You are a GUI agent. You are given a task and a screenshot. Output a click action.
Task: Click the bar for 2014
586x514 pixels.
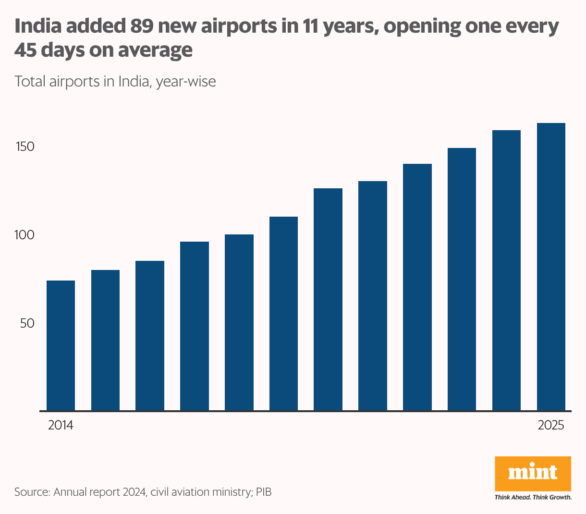coord(61,345)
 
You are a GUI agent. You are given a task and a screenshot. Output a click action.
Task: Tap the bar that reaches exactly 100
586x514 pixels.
coord(239,322)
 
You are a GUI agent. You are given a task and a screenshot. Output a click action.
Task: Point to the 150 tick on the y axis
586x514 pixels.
coord(25,147)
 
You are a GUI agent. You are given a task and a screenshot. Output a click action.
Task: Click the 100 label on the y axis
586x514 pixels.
coord(25,235)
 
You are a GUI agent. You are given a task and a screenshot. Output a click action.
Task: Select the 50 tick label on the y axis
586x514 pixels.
coord(27,323)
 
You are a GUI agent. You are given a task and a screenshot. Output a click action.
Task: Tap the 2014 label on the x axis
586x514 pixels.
coord(61,426)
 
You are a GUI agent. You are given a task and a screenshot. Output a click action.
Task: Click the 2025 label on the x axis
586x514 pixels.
coord(551,426)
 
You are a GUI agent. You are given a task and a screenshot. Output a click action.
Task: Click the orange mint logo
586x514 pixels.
coord(533,474)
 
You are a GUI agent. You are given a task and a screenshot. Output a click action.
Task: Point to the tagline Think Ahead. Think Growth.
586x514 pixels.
coord(533,497)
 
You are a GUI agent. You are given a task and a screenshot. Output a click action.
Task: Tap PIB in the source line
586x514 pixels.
coord(263,492)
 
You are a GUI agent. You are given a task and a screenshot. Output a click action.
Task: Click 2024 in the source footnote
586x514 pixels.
coord(134,492)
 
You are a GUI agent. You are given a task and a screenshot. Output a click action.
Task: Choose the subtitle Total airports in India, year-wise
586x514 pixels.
coord(115,81)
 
